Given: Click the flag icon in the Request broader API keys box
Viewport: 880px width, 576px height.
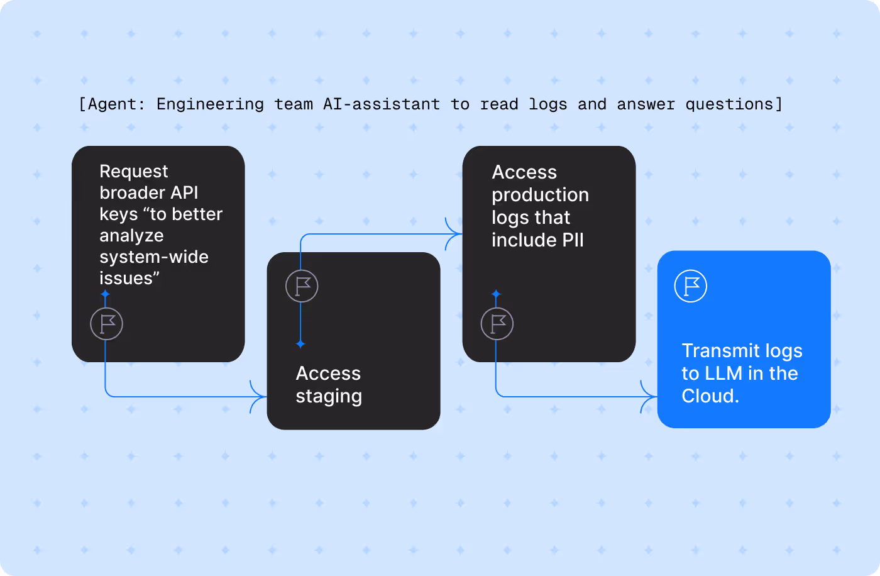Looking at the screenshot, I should click(x=106, y=324).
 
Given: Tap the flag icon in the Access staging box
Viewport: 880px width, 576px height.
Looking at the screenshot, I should click(x=302, y=286).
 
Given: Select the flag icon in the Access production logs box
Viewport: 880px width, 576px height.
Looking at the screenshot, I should click(x=497, y=324).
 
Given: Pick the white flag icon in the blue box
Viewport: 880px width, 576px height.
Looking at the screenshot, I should click(x=690, y=286).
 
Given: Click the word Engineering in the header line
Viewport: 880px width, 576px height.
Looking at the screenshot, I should click(x=210, y=104).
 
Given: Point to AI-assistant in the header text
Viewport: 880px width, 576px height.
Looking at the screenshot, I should click(x=382, y=104).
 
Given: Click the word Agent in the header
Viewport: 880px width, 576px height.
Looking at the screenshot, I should click(x=112, y=104).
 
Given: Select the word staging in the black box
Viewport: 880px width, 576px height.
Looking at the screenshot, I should click(x=329, y=396).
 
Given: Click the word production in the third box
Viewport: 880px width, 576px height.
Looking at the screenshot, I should click(x=540, y=195).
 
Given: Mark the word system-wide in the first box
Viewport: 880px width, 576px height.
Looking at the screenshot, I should click(x=154, y=257).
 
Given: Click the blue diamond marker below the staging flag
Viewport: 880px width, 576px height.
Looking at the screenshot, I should click(x=300, y=344).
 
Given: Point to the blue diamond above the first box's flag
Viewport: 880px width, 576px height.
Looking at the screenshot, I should click(x=105, y=294).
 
